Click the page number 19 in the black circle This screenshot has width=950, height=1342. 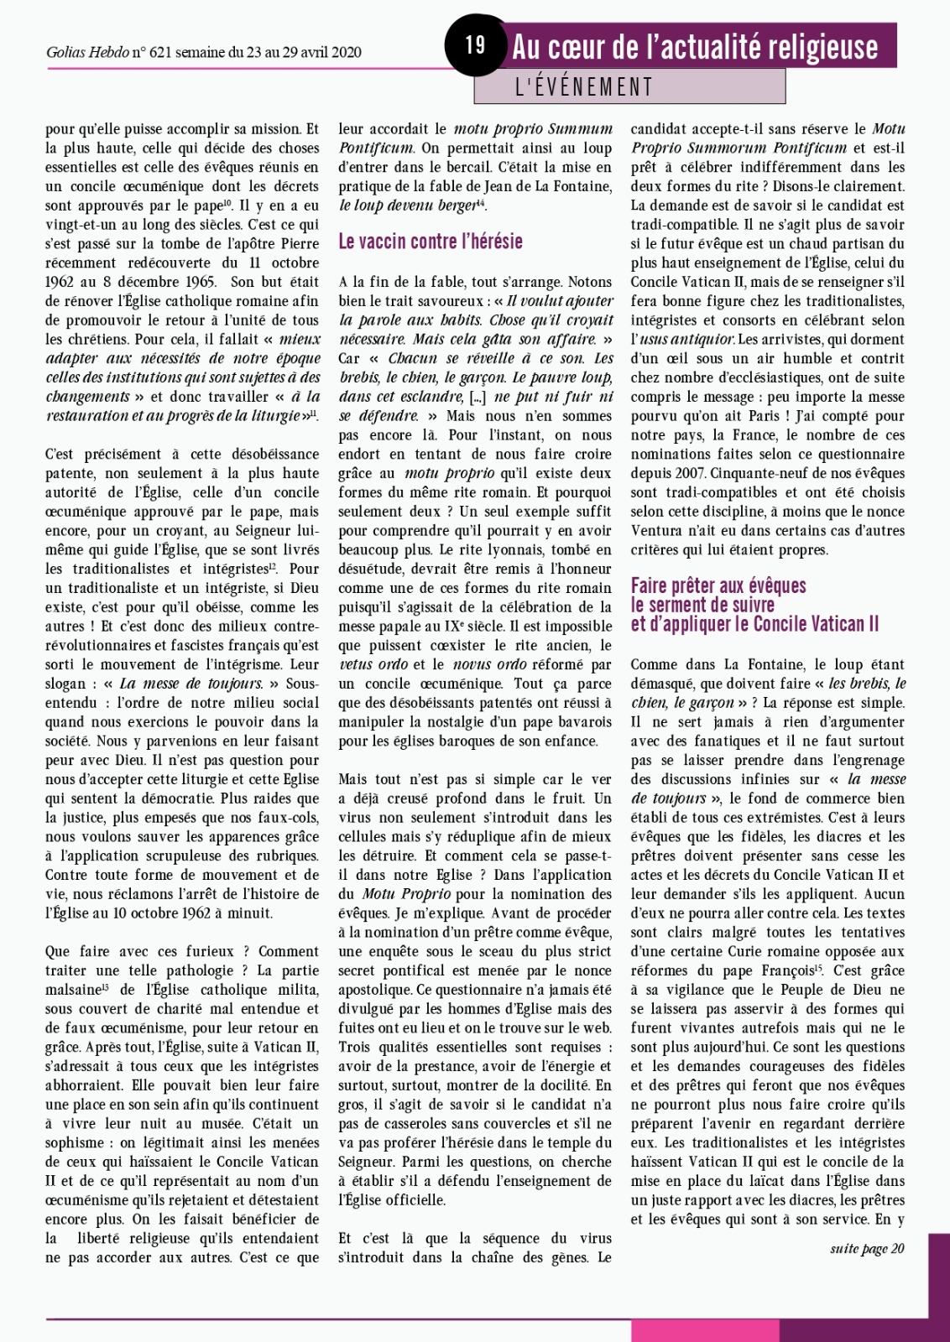click(x=476, y=44)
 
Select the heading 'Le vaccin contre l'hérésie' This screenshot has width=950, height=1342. click(x=431, y=242)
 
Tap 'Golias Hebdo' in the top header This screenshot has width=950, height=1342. click(x=86, y=52)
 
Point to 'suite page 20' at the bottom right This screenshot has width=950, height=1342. click(x=867, y=1249)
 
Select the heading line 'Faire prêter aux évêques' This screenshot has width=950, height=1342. click(x=718, y=585)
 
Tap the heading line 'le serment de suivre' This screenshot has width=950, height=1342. click(x=691, y=605)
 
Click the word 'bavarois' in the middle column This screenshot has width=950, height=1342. click(x=585, y=721)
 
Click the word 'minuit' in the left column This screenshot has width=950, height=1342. click(x=249, y=913)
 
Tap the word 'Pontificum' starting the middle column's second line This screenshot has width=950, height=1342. click(x=376, y=148)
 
